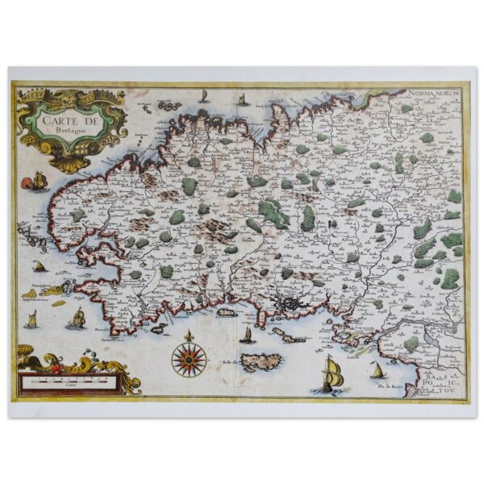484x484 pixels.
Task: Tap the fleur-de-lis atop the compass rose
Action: coord(189,335)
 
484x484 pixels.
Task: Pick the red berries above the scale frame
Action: coord(56,367)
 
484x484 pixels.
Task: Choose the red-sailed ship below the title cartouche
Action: coord(38,181)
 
